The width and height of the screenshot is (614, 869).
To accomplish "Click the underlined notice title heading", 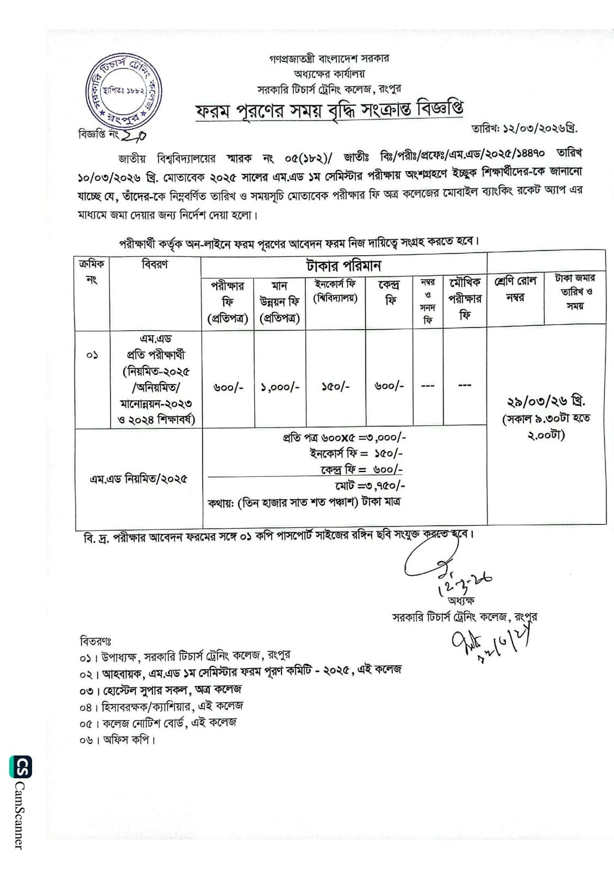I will click(x=329, y=110).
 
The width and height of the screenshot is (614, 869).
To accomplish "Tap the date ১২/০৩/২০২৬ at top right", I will click(x=524, y=129).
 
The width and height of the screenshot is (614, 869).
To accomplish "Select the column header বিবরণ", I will click(x=155, y=265).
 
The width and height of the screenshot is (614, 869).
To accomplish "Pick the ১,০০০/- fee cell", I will click(x=279, y=387).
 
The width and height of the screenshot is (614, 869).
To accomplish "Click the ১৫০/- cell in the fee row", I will click(x=335, y=387).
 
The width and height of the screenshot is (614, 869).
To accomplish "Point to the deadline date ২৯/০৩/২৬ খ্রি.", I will click(x=546, y=402).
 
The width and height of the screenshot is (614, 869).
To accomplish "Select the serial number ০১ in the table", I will click(x=92, y=356).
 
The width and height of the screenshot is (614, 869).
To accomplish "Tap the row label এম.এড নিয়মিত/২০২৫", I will click(x=139, y=479).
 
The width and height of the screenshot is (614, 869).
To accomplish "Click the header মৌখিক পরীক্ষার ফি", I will click(x=465, y=299).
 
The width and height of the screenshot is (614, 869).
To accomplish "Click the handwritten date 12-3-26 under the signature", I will click(x=465, y=583).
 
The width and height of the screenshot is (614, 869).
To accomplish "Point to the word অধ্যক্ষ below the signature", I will click(x=461, y=601).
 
